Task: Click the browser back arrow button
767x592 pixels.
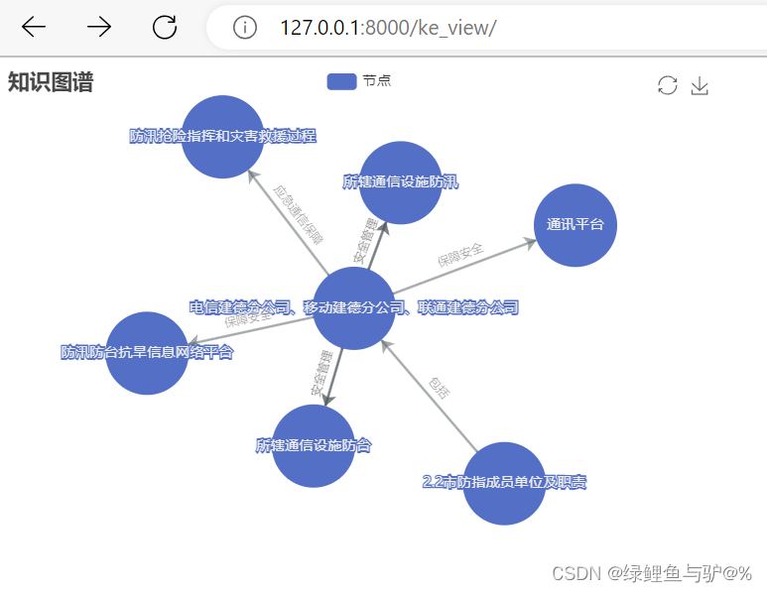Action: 34,27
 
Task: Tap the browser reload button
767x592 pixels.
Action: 165,27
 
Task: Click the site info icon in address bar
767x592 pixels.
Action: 245,28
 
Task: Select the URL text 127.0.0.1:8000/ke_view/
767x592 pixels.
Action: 388,28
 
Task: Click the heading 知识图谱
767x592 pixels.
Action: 50,82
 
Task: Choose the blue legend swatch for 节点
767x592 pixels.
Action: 341,81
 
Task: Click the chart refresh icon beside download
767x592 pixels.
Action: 667,86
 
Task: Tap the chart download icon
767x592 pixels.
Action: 700,86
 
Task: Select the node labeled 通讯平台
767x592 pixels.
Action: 575,225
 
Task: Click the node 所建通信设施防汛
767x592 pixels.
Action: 401,182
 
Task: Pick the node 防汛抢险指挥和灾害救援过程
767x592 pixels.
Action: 223,137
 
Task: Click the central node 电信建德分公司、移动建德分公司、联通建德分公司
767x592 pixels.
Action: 354,308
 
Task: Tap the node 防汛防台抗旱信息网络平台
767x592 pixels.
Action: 147,353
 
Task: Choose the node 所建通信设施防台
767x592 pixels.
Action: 314,446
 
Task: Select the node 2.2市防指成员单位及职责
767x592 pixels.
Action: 504,484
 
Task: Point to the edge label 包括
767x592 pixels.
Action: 439,387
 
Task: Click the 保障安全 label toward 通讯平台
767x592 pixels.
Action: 460,255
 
